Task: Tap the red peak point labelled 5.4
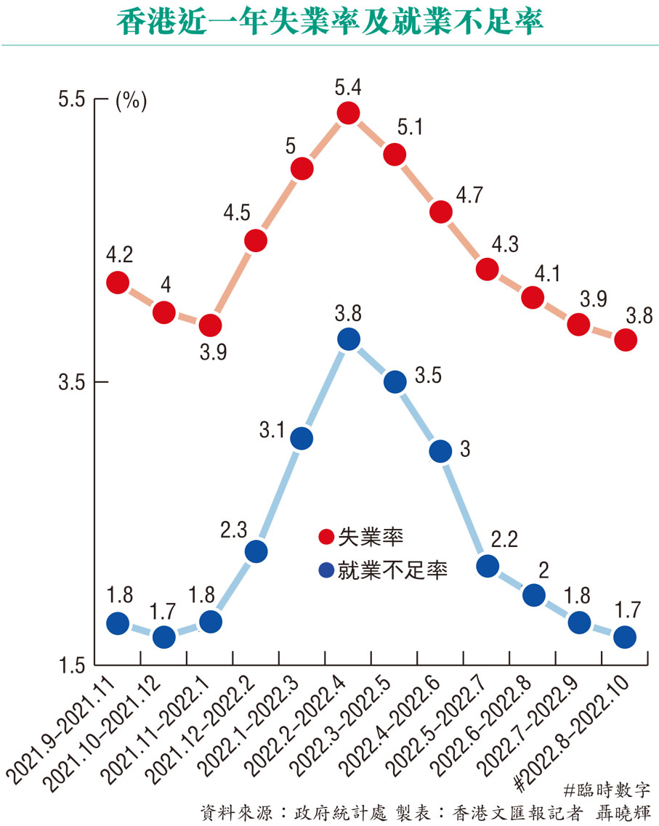click(x=348, y=113)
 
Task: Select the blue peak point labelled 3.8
click(x=348, y=339)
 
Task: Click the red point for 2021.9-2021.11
click(x=118, y=283)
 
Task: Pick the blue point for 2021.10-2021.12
click(x=164, y=637)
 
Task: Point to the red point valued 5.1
click(x=395, y=154)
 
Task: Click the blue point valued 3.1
click(x=302, y=438)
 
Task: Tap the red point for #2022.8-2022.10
click(x=626, y=339)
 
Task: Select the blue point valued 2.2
click(x=488, y=566)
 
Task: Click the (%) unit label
click(x=131, y=101)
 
